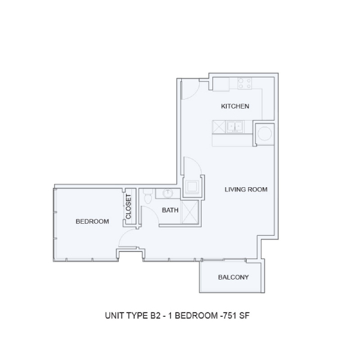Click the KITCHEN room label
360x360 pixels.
pos(235,106)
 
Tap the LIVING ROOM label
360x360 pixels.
pos(246,190)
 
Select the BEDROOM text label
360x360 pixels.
pos(92,221)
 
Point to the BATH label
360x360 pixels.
pos(170,210)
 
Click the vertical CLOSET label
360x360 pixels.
pos(128,206)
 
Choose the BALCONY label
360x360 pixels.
pos(233,277)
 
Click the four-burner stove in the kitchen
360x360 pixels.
pos(245,83)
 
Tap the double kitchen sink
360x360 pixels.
pos(235,127)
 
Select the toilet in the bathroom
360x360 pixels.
pos(148,196)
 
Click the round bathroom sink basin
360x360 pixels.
pos(168,193)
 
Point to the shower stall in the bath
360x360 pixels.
pos(190,212)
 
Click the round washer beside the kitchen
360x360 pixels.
pos(264,134)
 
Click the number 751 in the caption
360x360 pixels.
pos(229,316)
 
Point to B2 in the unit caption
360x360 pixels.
pos(155,316)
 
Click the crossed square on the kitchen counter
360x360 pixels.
pos(218,127)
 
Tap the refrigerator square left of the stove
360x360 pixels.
pos(221,84)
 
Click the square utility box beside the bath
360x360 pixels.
pos(192,187)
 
